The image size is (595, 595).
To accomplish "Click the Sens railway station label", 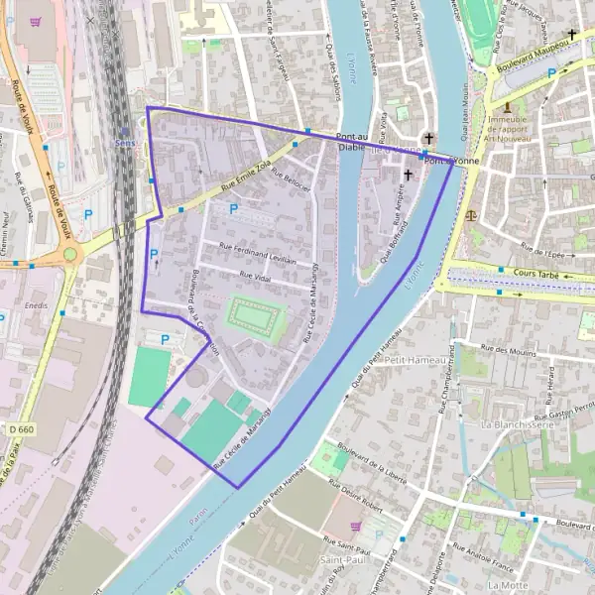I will coord(124,143).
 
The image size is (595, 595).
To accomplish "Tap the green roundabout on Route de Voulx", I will coord(70,255).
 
